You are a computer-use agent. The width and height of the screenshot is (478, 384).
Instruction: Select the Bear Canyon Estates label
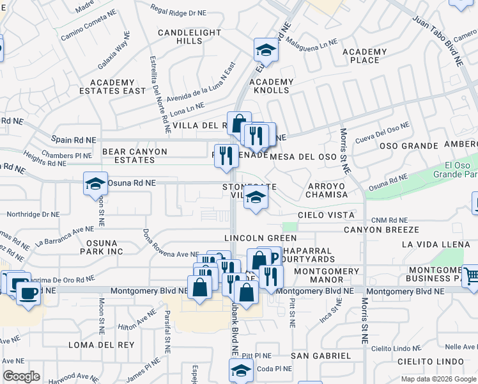tap(134, 156)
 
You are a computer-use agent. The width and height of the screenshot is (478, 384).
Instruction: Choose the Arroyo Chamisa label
tap(327, 190)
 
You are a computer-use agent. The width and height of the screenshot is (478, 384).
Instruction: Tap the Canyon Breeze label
tap(381, 229)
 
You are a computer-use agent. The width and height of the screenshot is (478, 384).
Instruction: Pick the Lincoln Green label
tap(253, 237)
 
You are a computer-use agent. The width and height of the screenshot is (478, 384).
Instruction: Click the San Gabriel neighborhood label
tap(321, 355)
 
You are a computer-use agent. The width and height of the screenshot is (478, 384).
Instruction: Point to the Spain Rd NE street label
tap(75, 140)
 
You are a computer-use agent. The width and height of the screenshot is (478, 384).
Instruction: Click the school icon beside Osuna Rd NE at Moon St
tap(95, 184)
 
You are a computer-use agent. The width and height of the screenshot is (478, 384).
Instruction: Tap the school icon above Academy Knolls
tap(266, 49)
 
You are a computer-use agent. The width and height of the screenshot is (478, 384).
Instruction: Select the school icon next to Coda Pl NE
tap(241, 369)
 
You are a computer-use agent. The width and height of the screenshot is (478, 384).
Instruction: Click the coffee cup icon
tap(27, 292)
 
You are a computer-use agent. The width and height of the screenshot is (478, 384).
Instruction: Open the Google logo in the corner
tap(21, 376)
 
